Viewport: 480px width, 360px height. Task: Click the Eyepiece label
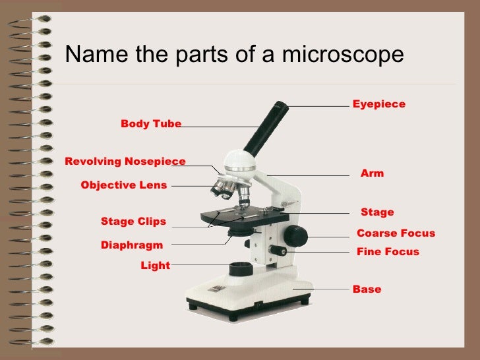[378, 104]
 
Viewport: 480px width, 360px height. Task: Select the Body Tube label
[151, 124]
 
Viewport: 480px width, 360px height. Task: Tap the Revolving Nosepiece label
[125, 162]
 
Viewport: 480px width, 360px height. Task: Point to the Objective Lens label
[123, 185]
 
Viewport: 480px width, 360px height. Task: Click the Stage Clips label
[133, 221]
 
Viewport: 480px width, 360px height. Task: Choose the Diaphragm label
[131, 245]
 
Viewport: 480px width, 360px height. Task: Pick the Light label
[155, 265]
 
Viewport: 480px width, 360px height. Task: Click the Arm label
[372, 173]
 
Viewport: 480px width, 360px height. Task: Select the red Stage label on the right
[377, 212]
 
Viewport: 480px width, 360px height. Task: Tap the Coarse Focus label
[396, 233]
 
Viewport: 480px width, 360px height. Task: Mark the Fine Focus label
[387, 252]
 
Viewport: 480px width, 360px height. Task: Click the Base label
[367, 289]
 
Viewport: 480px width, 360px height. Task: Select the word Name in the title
[91, 54]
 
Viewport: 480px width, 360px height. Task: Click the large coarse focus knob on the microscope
[296, 235]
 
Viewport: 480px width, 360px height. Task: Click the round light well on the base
[240, 269]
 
